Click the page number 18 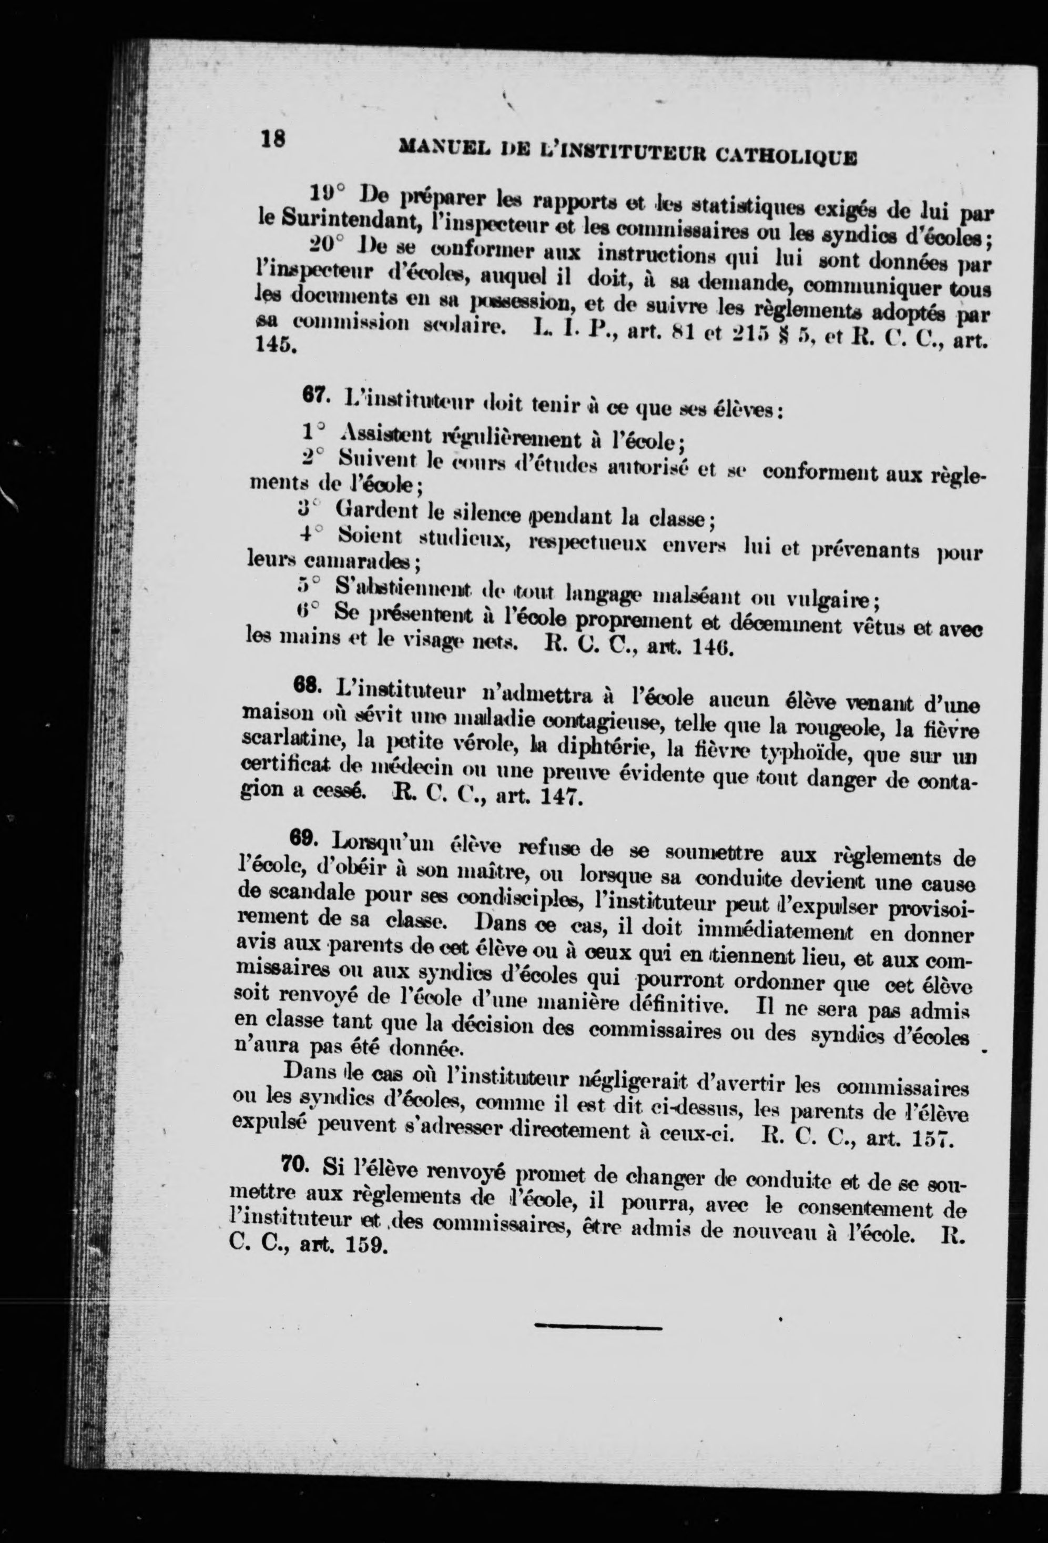pos(273,139)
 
